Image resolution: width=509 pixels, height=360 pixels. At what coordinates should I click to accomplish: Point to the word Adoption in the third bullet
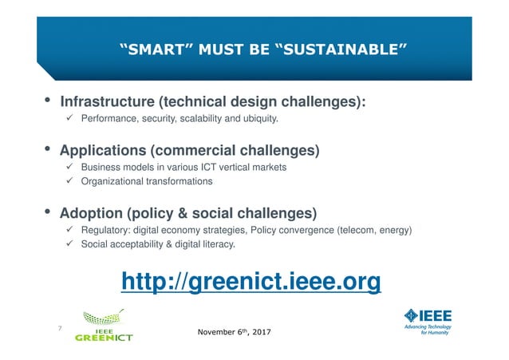[x=93, y=213]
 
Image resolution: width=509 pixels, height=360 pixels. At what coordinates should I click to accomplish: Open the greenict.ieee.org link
[x=251, y=281]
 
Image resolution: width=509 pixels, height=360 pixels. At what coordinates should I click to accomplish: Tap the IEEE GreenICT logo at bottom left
[x=104, y=326]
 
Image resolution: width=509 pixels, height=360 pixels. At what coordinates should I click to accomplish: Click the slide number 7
[x=59, y=327]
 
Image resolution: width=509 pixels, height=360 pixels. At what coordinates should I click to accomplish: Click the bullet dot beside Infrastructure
[x=48, y=101]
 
